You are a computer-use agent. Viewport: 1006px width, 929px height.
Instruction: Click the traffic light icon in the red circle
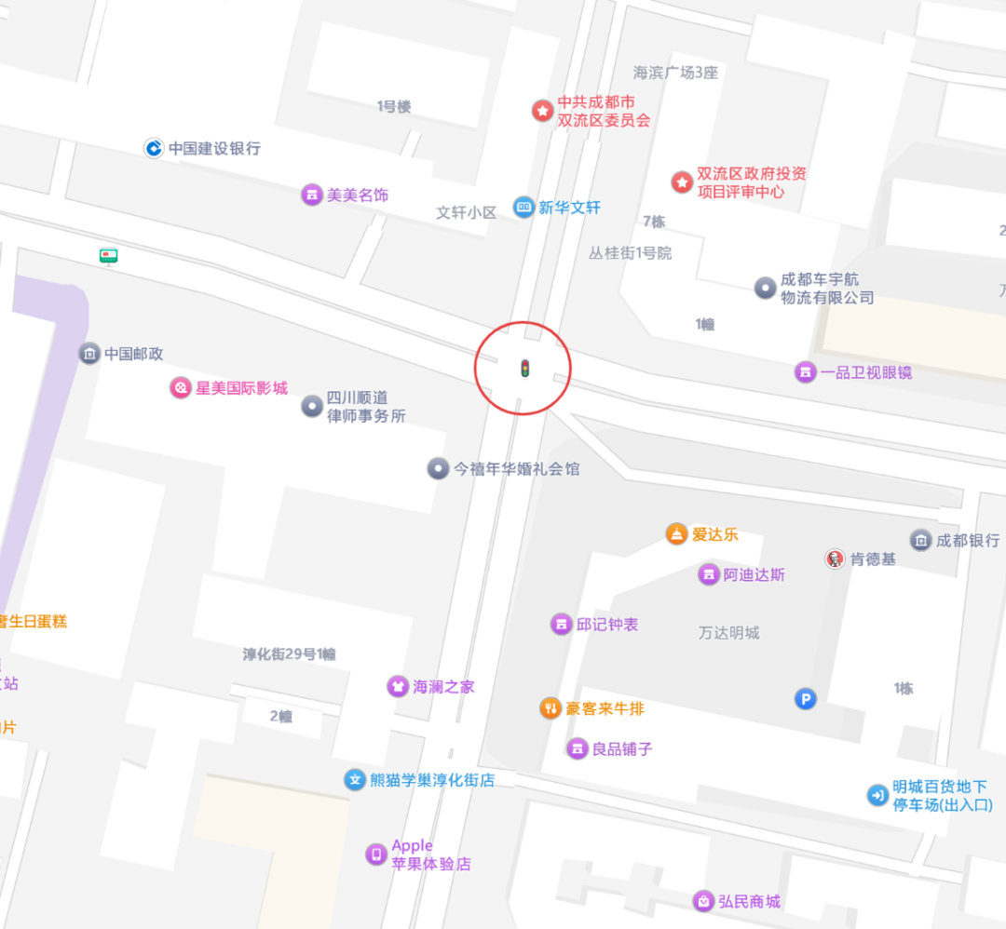click(524, 369)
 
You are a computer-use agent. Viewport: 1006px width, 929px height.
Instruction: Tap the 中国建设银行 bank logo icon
click(154, 148)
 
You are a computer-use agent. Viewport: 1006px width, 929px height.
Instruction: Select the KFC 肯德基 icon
click(835, 559)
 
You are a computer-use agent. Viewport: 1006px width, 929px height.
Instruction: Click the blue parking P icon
click(805, 698)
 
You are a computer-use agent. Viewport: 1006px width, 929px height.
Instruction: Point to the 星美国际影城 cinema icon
click(180, 388)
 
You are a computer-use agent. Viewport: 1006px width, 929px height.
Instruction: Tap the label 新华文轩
click(569, 208)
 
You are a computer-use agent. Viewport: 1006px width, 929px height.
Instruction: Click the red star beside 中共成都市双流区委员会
click(542, 111)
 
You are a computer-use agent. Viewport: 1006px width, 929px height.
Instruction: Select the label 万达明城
click(729, 633)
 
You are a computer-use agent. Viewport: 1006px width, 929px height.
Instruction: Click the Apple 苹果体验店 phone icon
click(376, 855)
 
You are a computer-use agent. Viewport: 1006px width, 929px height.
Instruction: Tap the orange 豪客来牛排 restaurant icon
click(551, 708)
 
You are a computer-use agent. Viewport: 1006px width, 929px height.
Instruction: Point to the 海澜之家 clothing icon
click(398, 686)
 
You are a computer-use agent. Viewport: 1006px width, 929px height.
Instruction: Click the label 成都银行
click(968, 540)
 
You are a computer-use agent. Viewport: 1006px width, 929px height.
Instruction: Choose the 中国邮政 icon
click(89, 354)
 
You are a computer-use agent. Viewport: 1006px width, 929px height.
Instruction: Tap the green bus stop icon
click(109, 255)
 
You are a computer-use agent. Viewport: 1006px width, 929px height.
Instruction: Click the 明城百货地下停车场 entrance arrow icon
click(877, 795)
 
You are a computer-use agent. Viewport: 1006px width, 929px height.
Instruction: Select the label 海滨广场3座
click(676, 73)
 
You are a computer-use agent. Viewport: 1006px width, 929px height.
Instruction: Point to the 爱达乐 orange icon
click(676, 534)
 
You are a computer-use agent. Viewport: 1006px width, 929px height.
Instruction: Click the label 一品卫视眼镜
click(865, 372)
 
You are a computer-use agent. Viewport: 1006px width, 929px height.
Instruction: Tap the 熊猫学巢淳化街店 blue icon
click(355, 780)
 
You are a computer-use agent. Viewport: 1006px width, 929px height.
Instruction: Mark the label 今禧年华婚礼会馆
click(516, 469)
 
